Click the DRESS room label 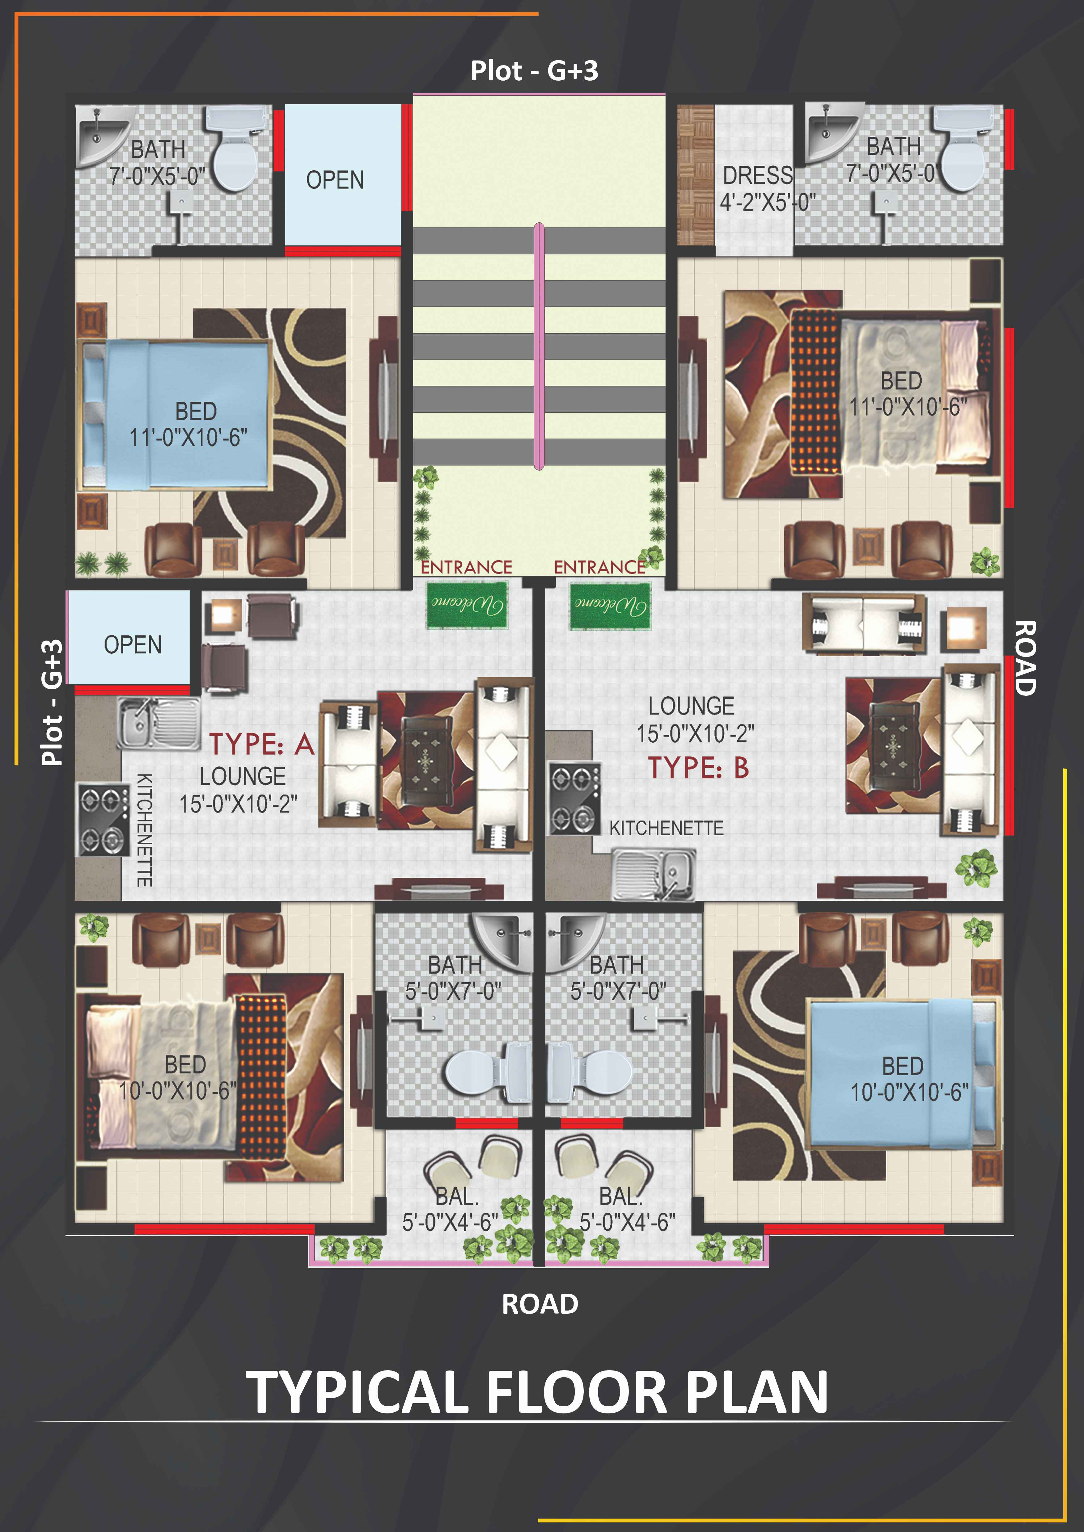point(758,175)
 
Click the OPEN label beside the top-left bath point(335,180)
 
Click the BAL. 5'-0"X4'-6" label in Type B point(627,1209)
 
